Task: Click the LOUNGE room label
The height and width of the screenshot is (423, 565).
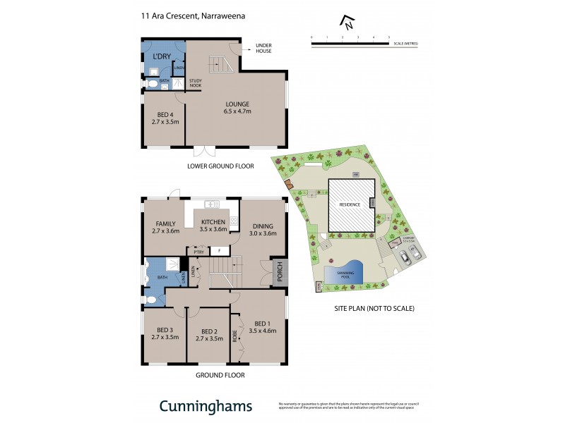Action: pos(237,104)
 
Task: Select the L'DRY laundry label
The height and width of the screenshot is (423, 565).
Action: pos(162,56)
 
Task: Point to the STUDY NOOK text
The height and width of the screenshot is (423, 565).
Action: pos(196,82)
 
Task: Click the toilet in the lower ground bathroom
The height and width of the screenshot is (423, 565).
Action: pos(151,84)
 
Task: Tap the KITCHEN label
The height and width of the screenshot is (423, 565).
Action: pos(213,222)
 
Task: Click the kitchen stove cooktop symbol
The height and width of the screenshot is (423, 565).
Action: pos(233,221)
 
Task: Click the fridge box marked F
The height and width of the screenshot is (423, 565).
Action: pos(219,250)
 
